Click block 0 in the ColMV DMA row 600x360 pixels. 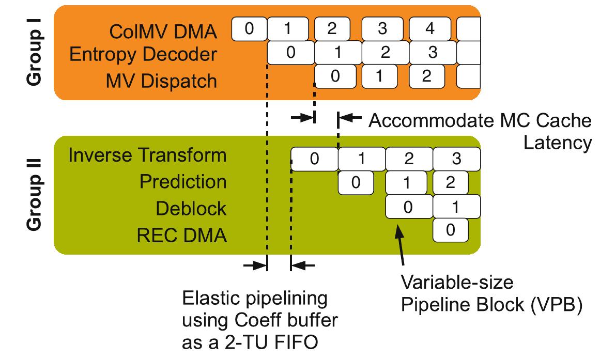coord(249,29)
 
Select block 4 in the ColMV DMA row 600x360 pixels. coord(429,29)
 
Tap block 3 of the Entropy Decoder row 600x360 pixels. coord(433,52)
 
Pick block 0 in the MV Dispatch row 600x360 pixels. coord(335,76)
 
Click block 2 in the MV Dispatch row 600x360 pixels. coord(426,76)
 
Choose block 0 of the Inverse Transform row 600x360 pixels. coord(314,158)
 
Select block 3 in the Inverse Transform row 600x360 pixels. coord(456,158)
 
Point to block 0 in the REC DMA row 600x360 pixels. coord(450,230)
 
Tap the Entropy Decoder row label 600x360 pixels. coord(143,55)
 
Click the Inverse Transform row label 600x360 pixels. coord(147,155)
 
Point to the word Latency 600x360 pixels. coord(557,143)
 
